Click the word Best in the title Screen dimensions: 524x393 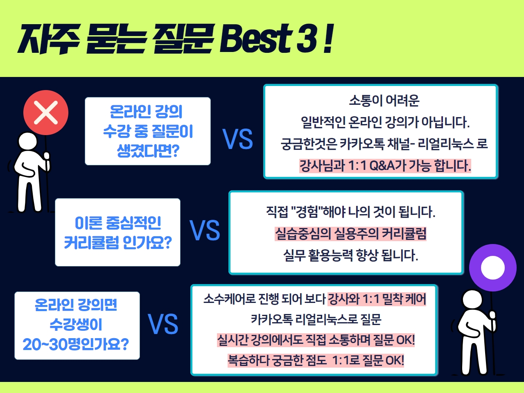(255, 38)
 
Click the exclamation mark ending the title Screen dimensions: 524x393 (328, 38)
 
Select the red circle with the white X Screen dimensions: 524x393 (46, 113)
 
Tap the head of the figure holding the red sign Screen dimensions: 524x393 (28, 141)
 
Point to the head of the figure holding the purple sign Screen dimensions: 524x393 (472, 299)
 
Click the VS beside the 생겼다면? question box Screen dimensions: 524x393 (237, 139)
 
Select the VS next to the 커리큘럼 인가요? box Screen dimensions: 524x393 (205, 230)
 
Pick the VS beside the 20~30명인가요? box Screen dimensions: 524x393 (163, 324)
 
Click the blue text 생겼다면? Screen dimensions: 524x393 (148, 151)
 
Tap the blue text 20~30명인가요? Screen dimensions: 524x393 (76, 344)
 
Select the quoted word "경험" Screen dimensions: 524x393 (307, 212)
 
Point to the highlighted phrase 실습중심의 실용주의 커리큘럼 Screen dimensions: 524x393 (350, 234)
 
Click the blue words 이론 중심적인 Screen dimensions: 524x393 (118, 223)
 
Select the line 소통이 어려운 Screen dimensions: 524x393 (384, 100)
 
